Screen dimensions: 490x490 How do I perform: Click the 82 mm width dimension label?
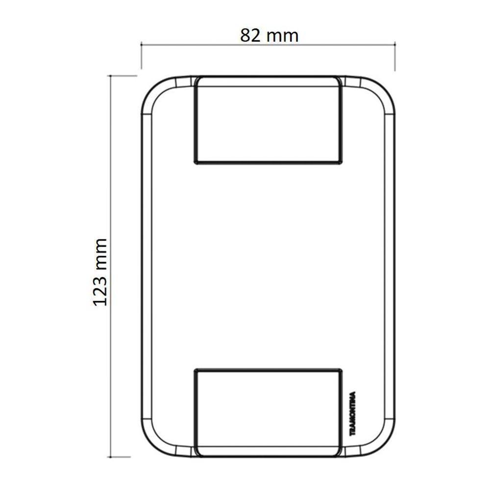coord(269,35)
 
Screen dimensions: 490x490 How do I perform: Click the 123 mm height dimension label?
coord(100,272)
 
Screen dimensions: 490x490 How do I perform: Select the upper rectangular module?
coord(268,120)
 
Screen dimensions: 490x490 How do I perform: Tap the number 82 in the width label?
coord(250,35)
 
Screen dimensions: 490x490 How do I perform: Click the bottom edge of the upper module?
coord(268,162)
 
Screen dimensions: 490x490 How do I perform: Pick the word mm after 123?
coord(100,254)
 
